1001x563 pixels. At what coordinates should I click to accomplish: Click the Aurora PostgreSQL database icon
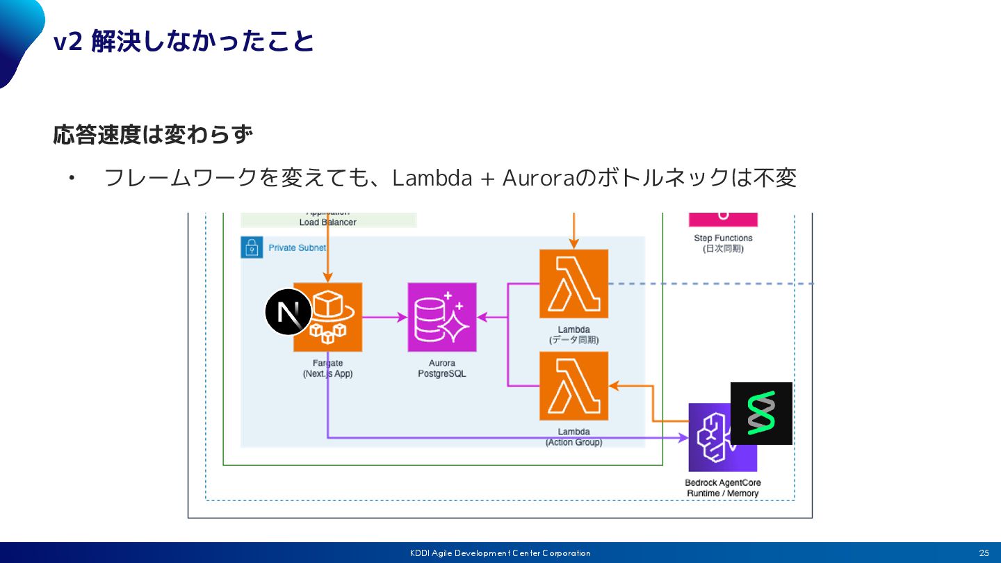442,317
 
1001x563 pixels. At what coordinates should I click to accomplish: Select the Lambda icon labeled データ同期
573,284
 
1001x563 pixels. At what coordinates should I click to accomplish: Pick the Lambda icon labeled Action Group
573,386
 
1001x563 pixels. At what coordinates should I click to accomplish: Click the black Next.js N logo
288,311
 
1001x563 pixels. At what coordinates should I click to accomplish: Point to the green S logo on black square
761,413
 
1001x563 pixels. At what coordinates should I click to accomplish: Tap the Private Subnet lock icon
252,247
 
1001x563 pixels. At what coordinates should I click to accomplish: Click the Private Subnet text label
297,247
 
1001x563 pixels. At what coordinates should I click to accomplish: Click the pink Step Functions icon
723,220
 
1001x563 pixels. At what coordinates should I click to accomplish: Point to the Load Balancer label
328,222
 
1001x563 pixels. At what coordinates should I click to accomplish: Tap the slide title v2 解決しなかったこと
184,42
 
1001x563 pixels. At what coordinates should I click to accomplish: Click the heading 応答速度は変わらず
152,135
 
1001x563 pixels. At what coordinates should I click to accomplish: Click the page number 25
984,553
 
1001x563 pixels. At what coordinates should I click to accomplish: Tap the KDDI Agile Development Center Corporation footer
500,553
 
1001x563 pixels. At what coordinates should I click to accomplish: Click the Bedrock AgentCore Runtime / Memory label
723,488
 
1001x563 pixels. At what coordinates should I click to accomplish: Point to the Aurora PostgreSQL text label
442,368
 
